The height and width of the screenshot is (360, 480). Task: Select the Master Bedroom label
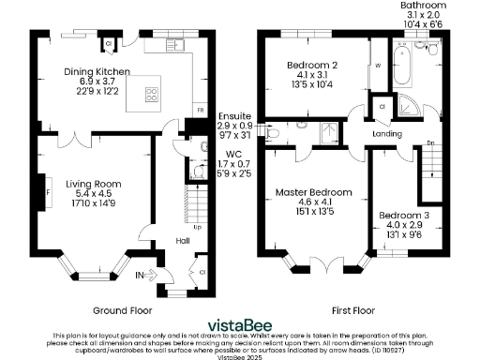click(x=313, y=192)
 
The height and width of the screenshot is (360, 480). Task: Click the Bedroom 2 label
click(x=313, y=65)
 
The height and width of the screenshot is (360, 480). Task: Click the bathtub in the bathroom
click(x=410, y=68)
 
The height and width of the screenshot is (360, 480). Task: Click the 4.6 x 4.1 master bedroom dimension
click(x=313, y=202)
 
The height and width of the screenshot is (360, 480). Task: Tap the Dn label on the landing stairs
click(x=429, y=142)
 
